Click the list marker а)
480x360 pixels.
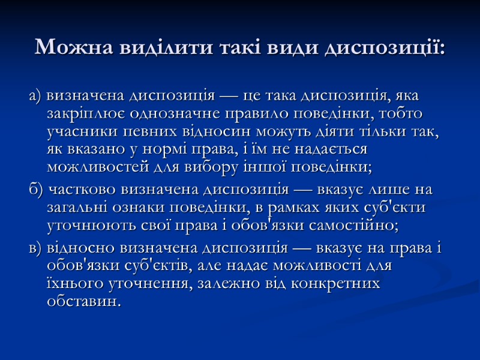coord(34,95)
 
